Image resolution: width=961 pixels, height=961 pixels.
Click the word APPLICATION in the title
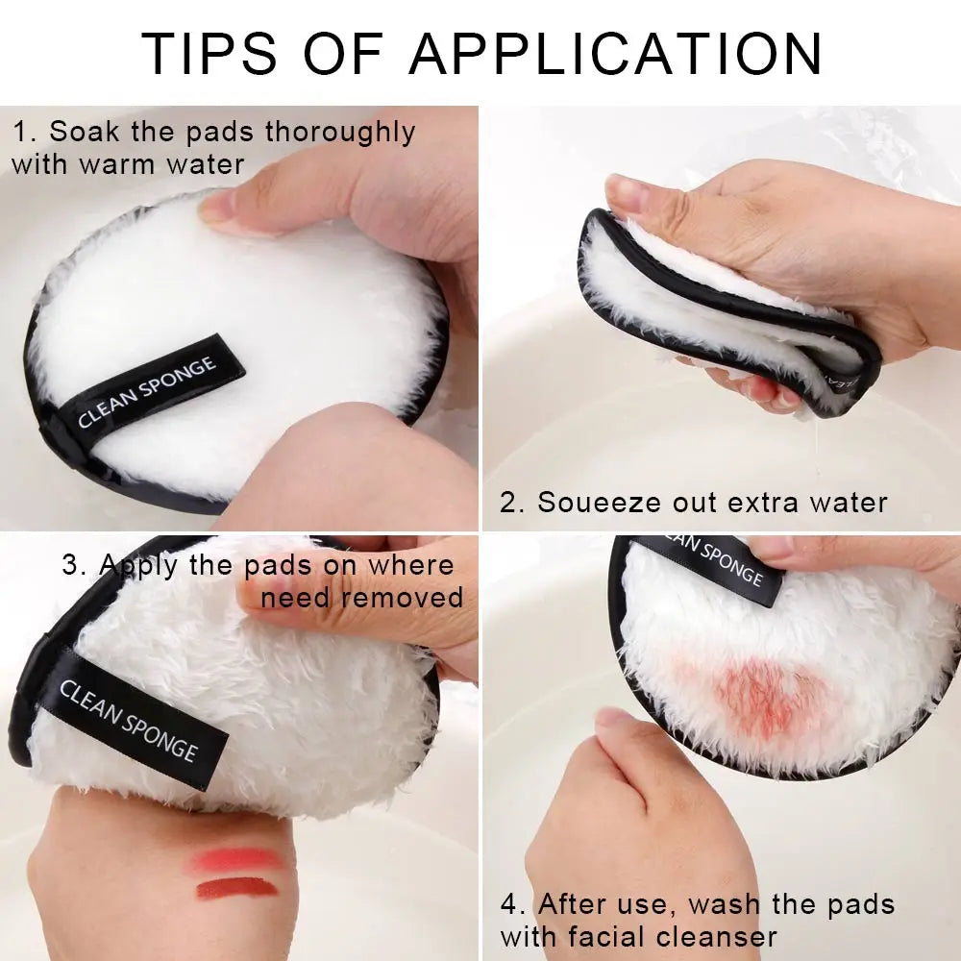(x=616, y=54)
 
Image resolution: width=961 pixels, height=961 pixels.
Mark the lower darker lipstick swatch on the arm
(x=236, y=888)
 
